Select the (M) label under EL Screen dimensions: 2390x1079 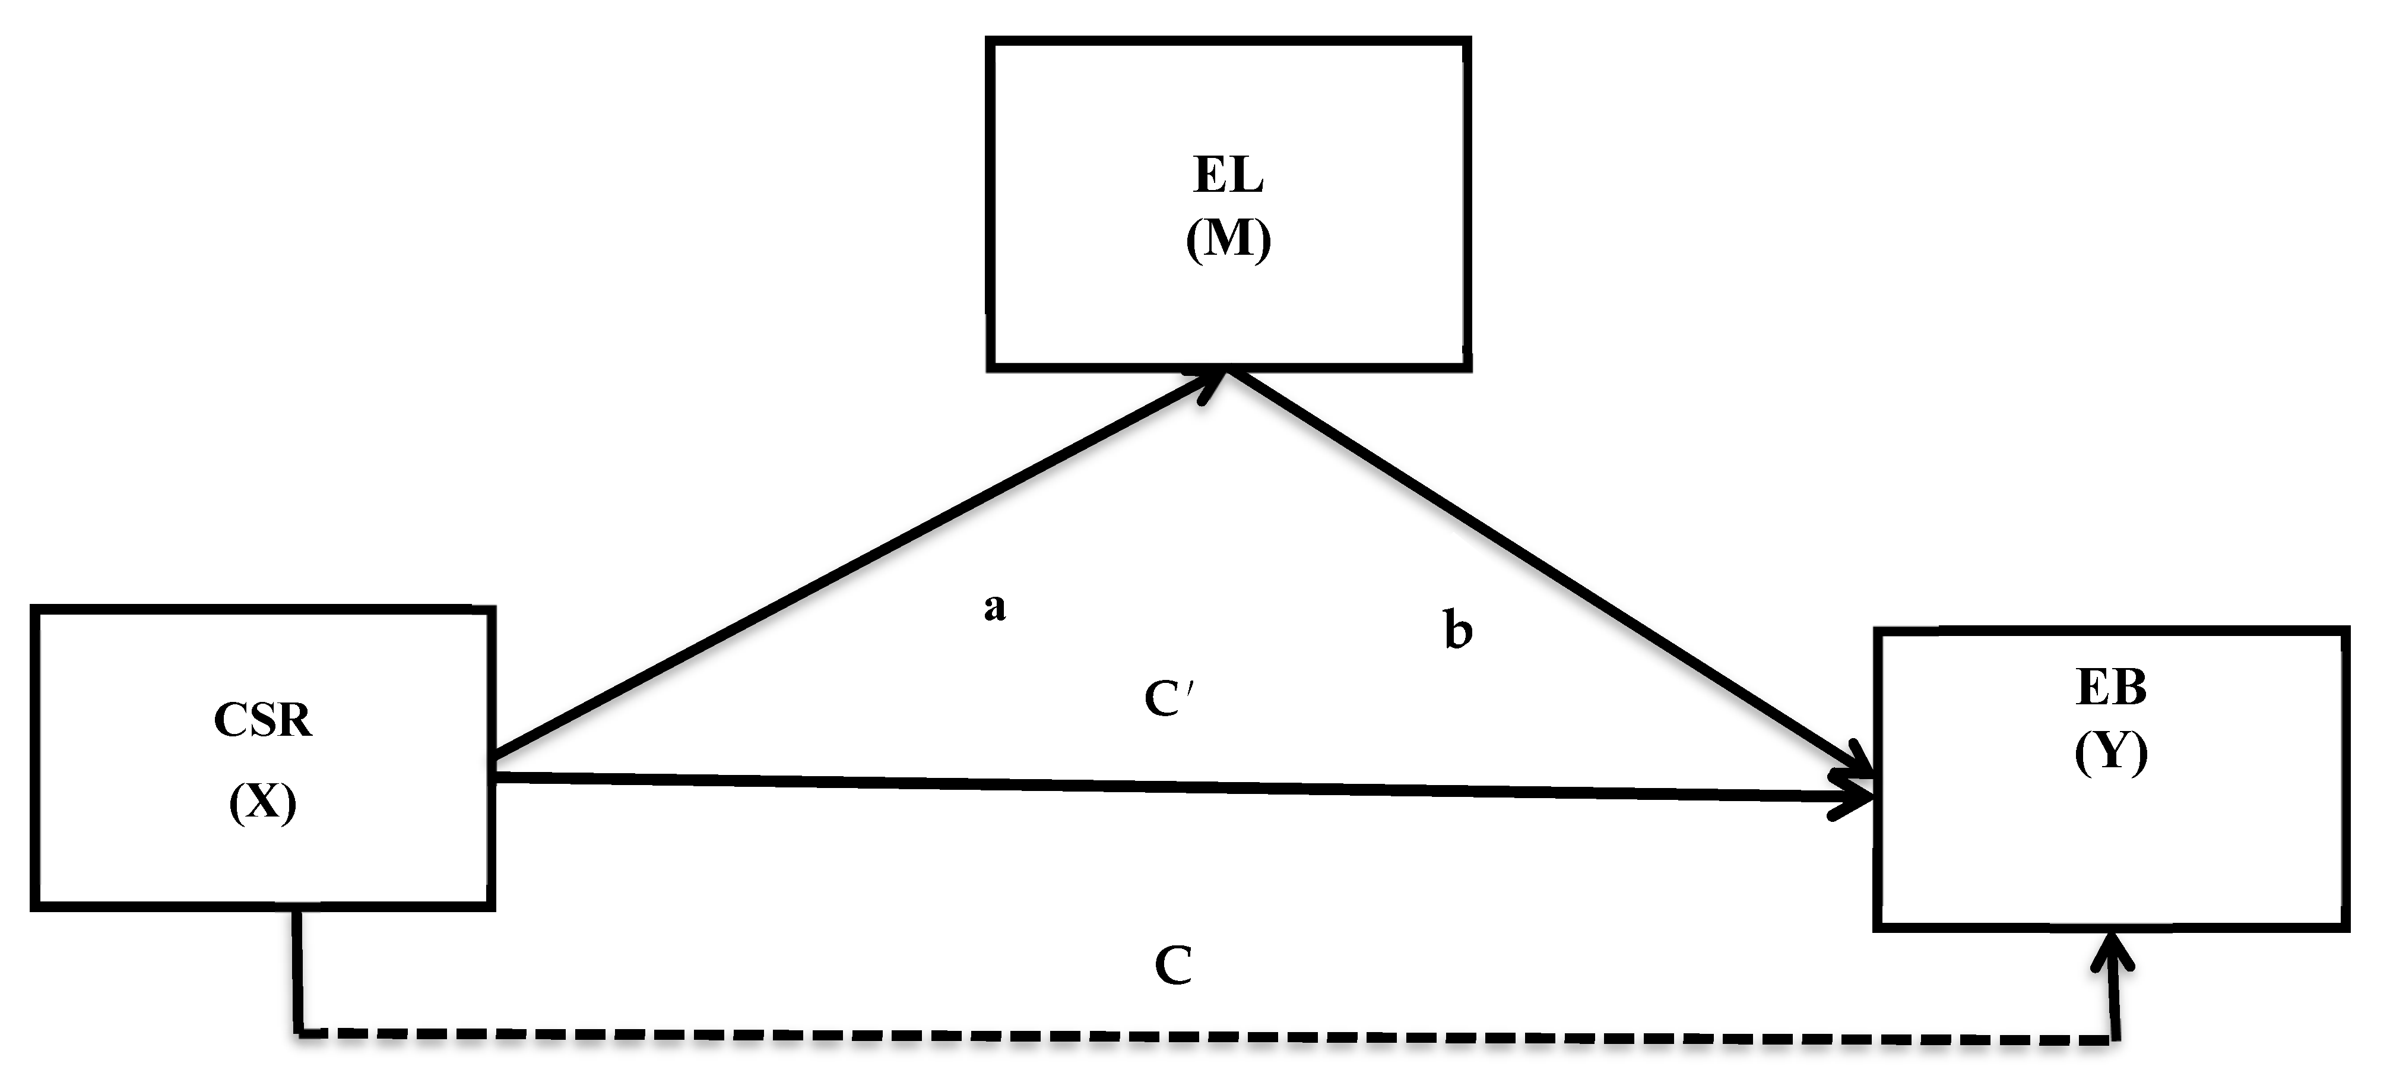coord(1228,241)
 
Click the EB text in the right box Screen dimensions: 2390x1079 coord(2111,688)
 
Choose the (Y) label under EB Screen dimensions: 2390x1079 coord(2111,751)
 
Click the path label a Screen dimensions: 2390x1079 coord(994,607)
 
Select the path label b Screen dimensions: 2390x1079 coord(1457,630)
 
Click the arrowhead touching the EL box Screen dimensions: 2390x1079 coord(1213,384)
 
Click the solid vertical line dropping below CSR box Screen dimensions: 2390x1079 coord(297,970)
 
